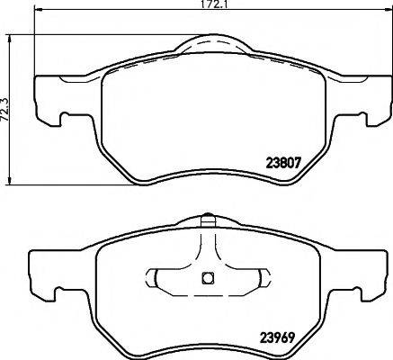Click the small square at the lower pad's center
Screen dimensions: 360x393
pos(206,277)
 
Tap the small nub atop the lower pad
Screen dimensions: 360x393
pos(206,218)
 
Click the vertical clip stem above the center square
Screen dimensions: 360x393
pos(206,247)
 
